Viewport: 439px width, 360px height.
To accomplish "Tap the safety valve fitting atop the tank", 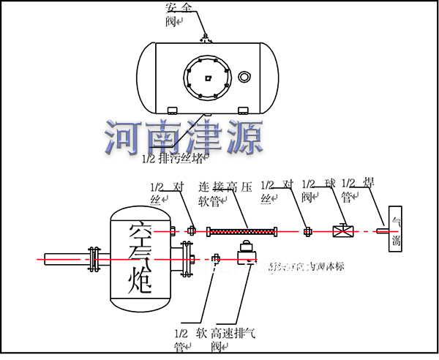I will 206,37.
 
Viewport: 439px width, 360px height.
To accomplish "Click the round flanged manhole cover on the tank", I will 208,75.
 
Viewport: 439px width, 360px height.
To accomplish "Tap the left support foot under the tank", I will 173,110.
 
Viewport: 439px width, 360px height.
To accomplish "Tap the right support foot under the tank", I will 243,110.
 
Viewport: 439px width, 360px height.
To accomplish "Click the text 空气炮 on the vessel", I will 138,259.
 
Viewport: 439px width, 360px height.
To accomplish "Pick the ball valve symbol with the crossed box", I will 342,232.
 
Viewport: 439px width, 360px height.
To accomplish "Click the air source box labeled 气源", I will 395,230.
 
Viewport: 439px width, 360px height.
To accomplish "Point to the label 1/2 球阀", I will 318,192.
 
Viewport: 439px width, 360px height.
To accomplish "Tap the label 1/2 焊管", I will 359,192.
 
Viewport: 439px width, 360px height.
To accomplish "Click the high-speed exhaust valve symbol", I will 245,253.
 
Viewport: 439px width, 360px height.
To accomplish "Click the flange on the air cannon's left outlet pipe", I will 93,259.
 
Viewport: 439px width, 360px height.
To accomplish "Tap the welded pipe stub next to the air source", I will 380,232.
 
